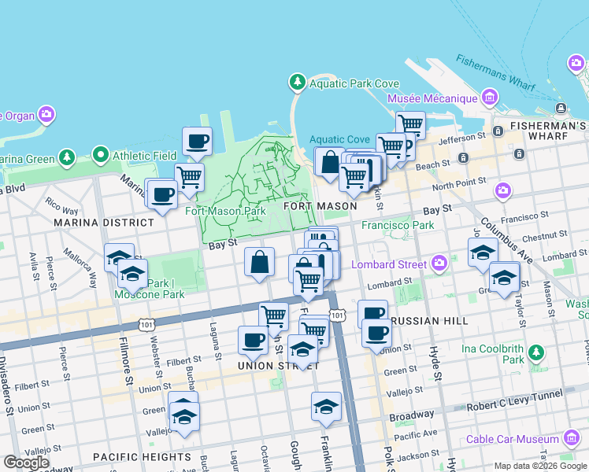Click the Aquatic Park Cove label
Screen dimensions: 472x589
(354, 84)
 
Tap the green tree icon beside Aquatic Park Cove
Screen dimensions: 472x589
(297, 82)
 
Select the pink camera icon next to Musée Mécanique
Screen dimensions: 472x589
(490, 98)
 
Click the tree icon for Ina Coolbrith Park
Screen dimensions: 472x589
(536, 350)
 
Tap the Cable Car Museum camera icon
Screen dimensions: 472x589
(572, 439)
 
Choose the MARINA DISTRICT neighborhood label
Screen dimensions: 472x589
(104, 223)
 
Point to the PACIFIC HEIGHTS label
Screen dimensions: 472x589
(142, 457)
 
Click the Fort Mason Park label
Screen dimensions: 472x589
(225, 211)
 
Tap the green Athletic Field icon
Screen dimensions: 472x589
(101, 154)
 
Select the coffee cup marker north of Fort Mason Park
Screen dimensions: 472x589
(197, 142)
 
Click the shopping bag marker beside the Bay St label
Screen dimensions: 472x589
(259, 263)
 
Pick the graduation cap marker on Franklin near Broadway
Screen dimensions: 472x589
(326, 407)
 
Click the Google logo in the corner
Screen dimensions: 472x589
(26, 463)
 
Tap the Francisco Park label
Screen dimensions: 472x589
(398, 225)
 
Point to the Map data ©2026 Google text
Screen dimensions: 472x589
(540, 466)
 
